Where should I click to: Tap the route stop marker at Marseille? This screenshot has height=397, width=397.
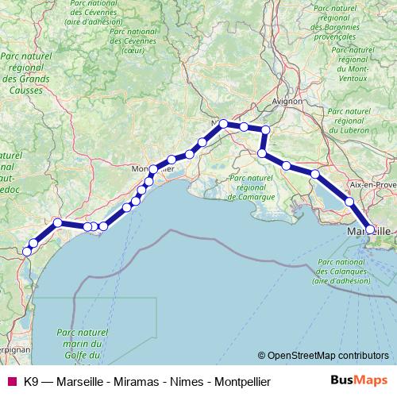coord(370,229)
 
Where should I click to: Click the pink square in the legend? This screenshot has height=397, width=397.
coord(11,380)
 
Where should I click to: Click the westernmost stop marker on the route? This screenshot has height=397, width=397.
coord(26,251)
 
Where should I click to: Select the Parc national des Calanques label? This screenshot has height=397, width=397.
coord(340,271)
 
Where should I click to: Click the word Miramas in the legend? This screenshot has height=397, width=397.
coord(131,380)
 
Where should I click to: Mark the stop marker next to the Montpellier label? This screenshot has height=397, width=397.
coord(153,169)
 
